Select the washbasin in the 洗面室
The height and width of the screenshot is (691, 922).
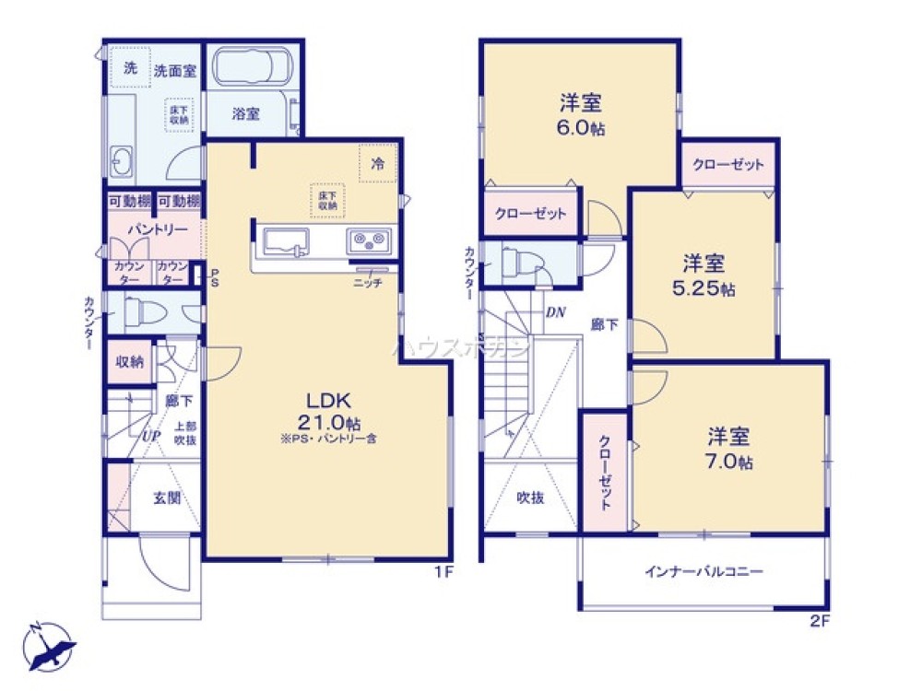pyautogui.click(x=123, y=161)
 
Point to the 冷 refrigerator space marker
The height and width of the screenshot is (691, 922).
pyautogui.click(x=377, y=163)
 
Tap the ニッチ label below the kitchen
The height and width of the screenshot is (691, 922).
pyautogui.click(x=369, y=283)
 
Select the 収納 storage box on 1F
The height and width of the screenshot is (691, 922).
pyautogui.click(x=129, y=362)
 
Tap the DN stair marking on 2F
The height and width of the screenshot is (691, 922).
pyautogui.click(x=555, y=311)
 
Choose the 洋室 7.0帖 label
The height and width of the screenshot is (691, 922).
pyautogui.click(x=730, y=448)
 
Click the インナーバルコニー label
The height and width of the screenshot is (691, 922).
pyautogui.click(x=703, y=571)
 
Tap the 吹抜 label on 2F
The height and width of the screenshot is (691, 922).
pyautogui.click(x=529, y=498)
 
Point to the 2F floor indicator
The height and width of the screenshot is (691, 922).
pyautogui.click(x=821, y=621)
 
